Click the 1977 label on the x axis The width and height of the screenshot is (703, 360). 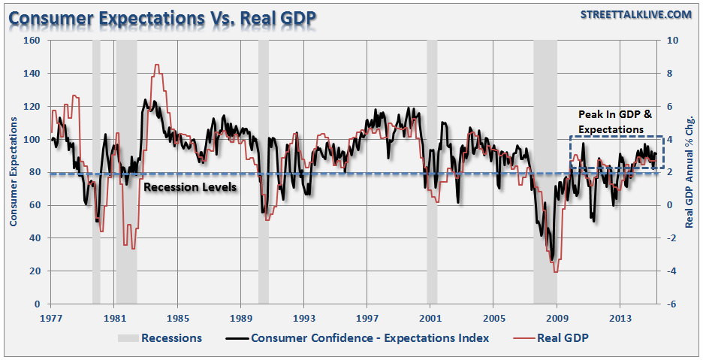click(50, 317)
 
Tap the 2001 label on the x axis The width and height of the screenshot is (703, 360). click(430, 317)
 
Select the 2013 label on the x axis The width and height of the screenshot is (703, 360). click(620, 317)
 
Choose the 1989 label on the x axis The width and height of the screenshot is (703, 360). click(240, 317)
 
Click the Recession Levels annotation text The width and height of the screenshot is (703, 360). click(190, 186)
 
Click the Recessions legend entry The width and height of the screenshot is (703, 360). click(171, 338)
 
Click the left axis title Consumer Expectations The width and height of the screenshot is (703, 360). click(13, 171)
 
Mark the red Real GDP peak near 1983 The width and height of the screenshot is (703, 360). click(156, 65)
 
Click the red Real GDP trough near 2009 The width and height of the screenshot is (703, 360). click(556, 271)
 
